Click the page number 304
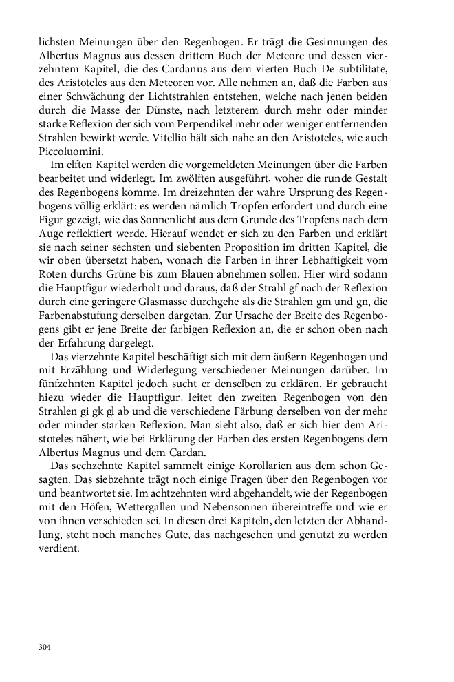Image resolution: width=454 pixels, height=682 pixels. click(45, 647)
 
